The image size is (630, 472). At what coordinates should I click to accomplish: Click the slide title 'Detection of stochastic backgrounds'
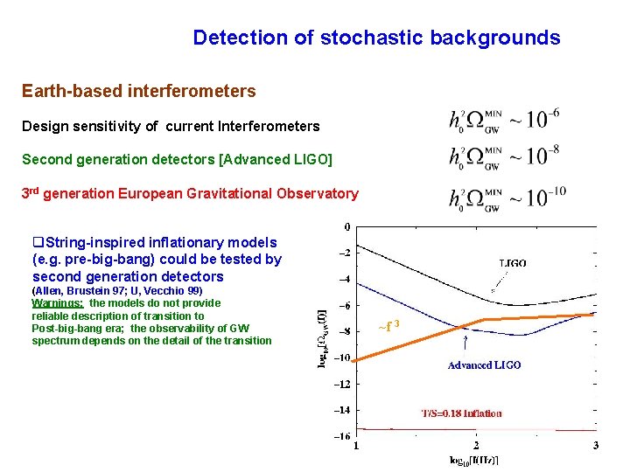(x=376, y=38)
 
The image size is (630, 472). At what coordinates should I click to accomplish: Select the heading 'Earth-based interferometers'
(x=139, y=91)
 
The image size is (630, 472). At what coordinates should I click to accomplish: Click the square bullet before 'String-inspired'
(x=37, y=242)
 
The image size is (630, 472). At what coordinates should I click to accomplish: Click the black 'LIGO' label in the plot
(x=513, y=262)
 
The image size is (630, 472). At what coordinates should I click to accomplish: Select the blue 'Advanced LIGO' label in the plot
(x=484, y=364)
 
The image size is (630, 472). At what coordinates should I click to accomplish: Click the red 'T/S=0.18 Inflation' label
(x=462, y=413)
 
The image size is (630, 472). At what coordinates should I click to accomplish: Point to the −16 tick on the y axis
(x=344, y=435)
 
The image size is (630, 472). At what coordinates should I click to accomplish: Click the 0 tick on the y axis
(x=347, y=226)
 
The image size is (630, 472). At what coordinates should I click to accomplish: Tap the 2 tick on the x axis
(x=477, y=447)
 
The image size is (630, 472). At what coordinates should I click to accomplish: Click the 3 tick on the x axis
(x=596, y=447)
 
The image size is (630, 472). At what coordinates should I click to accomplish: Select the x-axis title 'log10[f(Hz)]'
(x=473, y=461)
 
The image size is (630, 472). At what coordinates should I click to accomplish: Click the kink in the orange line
(x=483, y=321)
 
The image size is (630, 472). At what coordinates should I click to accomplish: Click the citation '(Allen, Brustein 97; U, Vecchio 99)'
(x=117, y=290)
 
